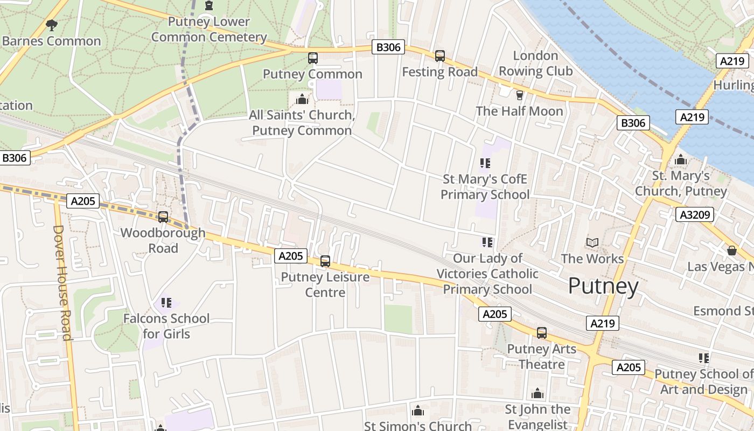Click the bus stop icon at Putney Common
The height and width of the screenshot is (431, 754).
click(312, 58)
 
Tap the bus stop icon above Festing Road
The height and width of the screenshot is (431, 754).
click(440, 56)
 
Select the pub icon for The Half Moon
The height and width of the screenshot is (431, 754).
click(519, 95)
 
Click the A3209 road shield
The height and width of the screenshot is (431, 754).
click(694, 215)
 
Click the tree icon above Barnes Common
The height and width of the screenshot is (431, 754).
click(52, 25)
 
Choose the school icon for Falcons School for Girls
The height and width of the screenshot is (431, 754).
click(166, 303)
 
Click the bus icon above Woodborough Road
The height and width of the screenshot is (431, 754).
click(163, 217)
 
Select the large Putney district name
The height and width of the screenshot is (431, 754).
click(603, 286)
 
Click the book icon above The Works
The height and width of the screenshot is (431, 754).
click(592, 243)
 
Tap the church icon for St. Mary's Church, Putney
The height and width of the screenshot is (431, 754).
click(681, 160)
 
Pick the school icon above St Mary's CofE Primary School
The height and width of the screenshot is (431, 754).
click(485, 163)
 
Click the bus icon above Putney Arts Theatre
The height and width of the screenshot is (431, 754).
click(541, 333)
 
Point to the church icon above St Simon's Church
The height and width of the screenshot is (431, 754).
click(417, 412)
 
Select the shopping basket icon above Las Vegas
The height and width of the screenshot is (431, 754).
click(731, 251)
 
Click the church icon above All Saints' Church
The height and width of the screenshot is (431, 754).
click(302, 99)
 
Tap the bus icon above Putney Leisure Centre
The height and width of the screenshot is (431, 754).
click(325, 261)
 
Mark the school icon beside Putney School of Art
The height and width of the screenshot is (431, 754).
click(703, 358)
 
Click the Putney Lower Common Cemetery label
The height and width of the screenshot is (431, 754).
click(209, 29)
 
